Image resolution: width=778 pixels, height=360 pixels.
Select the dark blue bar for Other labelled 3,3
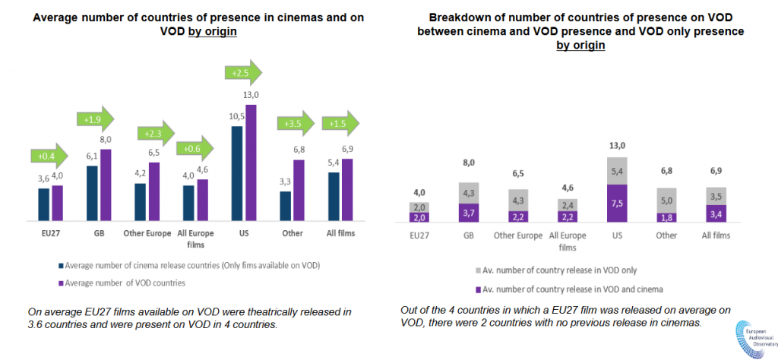point(285,204)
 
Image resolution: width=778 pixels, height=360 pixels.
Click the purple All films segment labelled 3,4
point(716,213)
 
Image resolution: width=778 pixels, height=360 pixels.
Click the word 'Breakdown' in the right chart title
point(458,17)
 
